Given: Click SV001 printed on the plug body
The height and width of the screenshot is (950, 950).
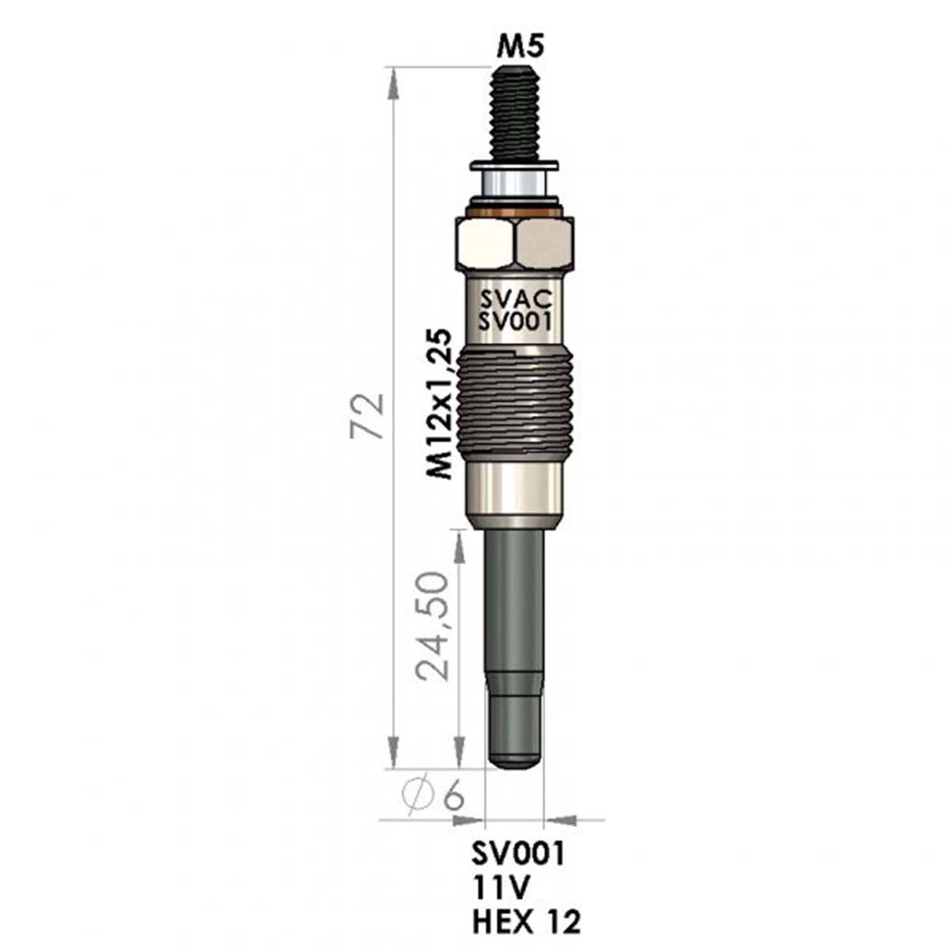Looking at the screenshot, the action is coord(516,322).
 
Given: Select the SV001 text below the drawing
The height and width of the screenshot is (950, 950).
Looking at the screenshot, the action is coord(517,854).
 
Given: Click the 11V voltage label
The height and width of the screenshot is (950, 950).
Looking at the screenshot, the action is coord(500,888).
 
